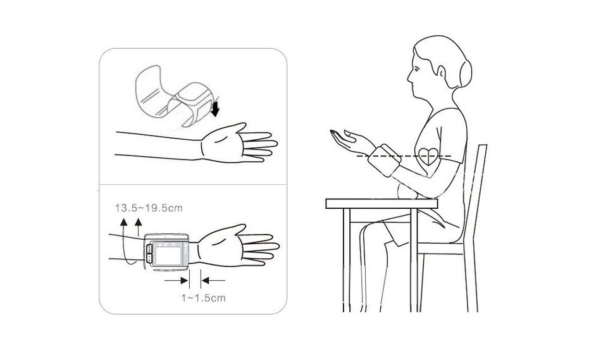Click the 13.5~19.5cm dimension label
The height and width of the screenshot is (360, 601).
click(149, 208)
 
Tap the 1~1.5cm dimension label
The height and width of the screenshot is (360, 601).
click(203, 298)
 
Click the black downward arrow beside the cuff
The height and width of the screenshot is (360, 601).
click(215, 108)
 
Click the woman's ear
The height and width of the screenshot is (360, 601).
click(442, 73)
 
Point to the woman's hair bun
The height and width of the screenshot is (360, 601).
click(466, 73)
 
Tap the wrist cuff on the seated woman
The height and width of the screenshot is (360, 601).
click(384, 160)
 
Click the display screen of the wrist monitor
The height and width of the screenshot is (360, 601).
click(168, 254)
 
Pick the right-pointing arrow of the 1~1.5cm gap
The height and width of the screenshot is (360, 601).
click(177, 281)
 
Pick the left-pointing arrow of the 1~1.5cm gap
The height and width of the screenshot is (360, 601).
click(213, 281)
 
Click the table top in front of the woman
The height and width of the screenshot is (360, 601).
click(381, 204)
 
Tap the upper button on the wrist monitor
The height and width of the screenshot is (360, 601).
click(149, 249)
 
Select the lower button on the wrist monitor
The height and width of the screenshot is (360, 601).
click(149, 258)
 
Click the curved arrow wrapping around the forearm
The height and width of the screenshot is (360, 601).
click(123, 245)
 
